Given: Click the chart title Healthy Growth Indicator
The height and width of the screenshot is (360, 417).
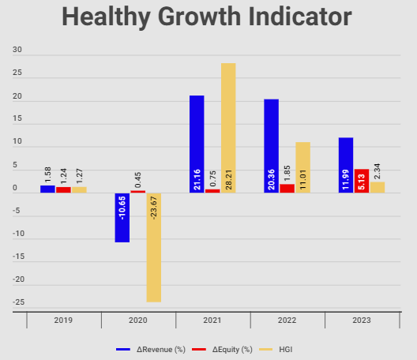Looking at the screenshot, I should (x=208, y=18).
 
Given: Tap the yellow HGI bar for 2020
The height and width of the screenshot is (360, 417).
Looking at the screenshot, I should (x=153, y=247).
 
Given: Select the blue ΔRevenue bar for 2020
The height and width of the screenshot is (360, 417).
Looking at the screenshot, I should (x=122, y=217).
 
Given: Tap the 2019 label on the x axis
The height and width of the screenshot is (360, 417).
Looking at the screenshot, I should (x=64, y=321).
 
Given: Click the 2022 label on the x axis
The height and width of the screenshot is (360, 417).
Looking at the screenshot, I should (x=287, y=321).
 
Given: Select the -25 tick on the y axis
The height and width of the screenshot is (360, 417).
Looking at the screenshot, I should (x=17, y=302).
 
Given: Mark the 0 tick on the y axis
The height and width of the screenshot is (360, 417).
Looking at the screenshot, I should (x=17, y=188).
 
